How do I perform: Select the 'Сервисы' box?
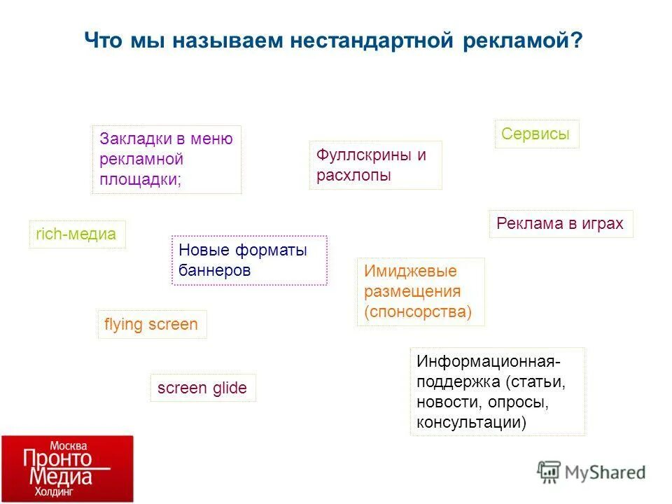pos(536,134)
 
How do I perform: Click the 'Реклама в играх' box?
pos(560,224)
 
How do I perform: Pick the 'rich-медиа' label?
pos(76,234)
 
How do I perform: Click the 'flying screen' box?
pos(151,325)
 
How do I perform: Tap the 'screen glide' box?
pos(202,388)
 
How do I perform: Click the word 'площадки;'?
pos(140,179)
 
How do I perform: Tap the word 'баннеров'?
pos(214,270)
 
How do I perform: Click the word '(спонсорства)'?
pos(418,312)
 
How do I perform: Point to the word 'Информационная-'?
pos(489,362)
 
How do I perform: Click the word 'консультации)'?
pos(471,423)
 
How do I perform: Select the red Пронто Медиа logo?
pos(66,469)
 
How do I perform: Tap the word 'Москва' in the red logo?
pos(67,445)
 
